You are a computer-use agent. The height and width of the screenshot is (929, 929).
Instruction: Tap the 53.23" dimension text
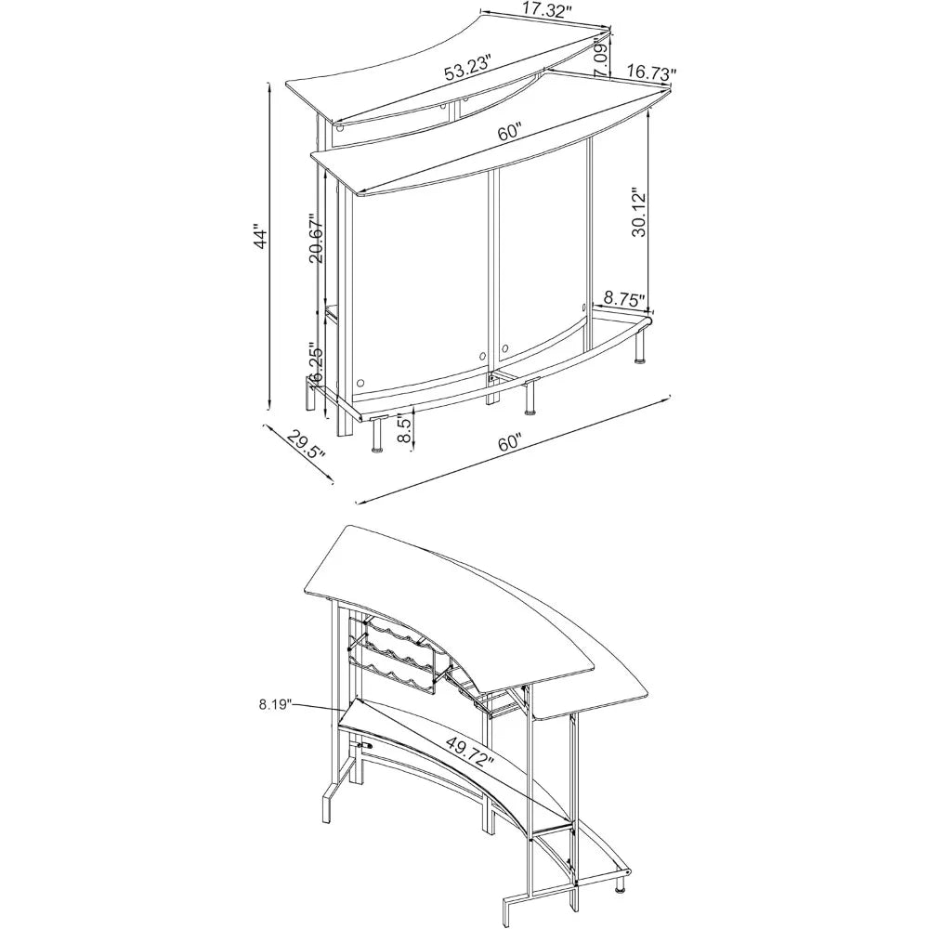click(x=469, y=68)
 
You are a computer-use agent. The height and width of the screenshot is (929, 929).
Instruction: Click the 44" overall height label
click(x=261, y=236)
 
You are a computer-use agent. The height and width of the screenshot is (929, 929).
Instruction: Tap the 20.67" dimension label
click(x=317, y=238)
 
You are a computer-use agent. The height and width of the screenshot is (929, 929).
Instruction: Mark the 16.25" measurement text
click(x=316, y=365)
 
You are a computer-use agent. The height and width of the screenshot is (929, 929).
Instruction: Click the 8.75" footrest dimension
click(x=624, y=298)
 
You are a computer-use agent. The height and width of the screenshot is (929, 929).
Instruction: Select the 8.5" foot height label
click(x=403, y=429)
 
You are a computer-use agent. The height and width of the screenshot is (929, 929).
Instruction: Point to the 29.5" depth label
click(x=306, y=446)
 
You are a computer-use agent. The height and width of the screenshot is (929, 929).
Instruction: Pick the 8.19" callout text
click(x=276, y=704)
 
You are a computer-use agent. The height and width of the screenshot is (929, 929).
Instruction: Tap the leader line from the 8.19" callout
click(x=320, y=707)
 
